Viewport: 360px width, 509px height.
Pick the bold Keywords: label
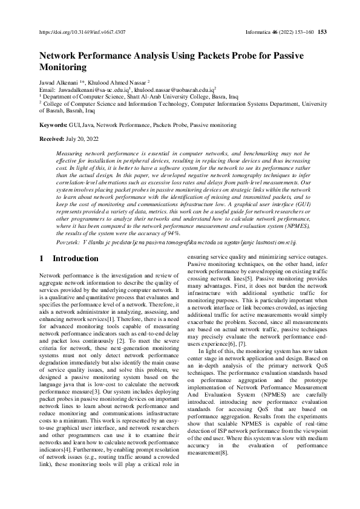53,125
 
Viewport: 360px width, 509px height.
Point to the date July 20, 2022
86,139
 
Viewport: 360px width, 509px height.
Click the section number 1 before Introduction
41,259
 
